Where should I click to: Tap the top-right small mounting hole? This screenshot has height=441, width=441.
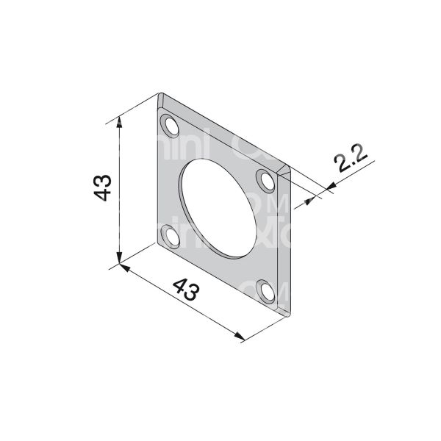point(265,179)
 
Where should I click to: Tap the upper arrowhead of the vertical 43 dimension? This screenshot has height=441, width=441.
point(119,126)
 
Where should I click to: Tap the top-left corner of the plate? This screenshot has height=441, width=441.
point(160,94)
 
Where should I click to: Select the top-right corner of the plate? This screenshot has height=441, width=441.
point(290,171)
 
